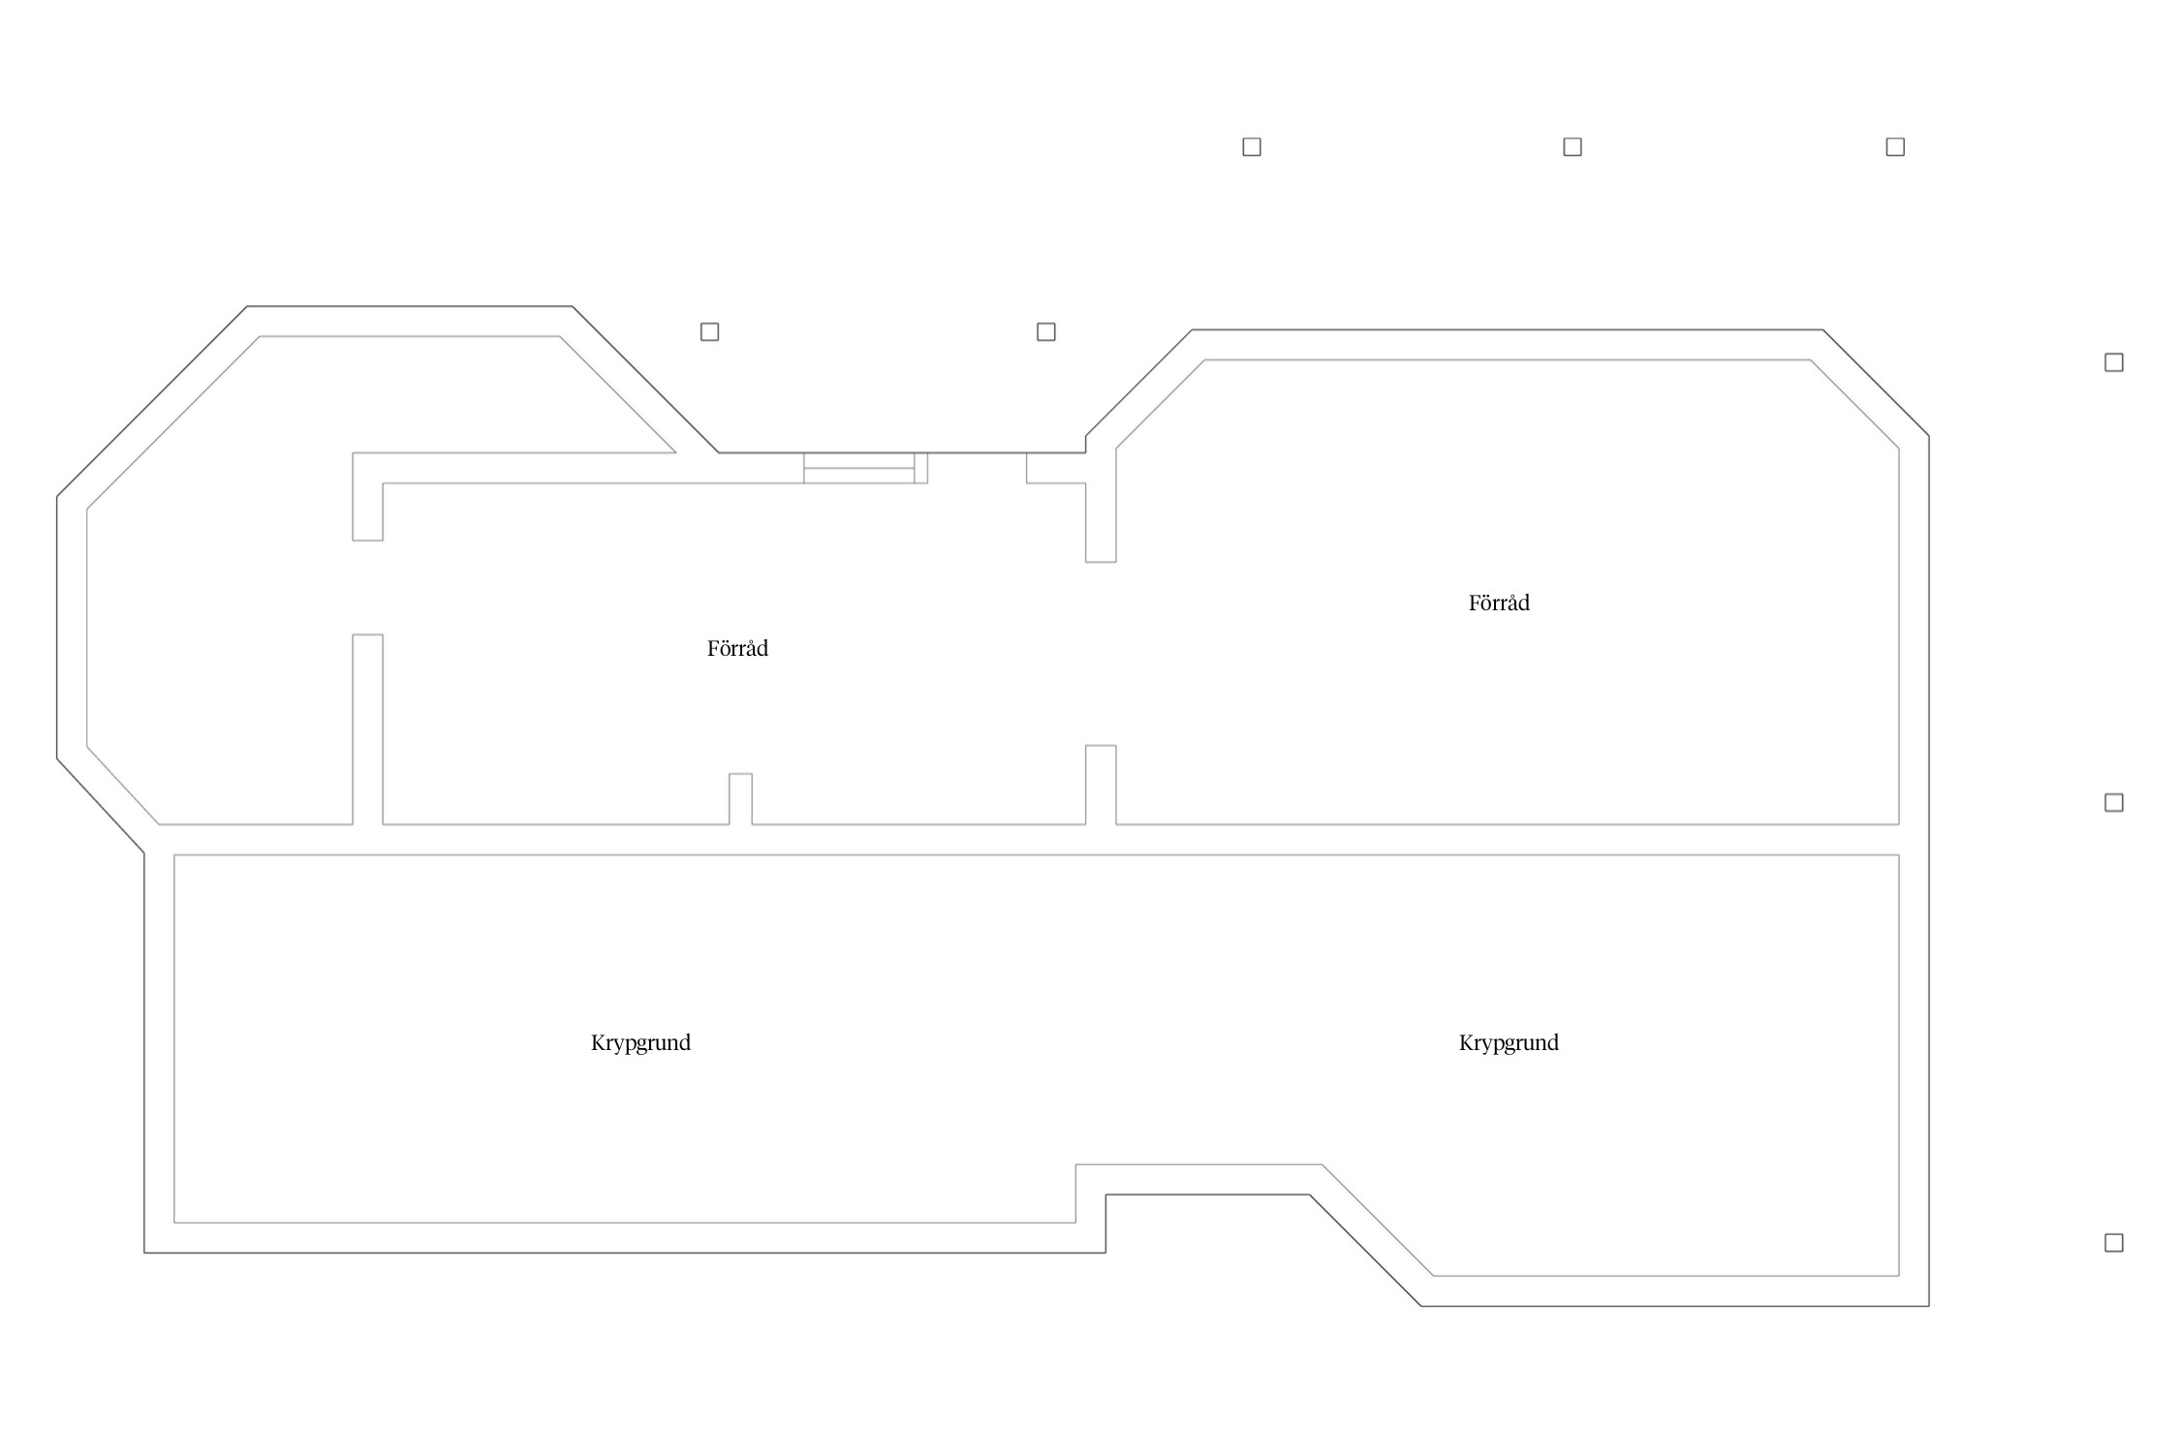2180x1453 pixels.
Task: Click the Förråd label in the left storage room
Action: pyautogui.click(x=737, y=648)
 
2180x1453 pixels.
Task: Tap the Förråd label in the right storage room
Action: pyautogui.click(x=1498, y=603)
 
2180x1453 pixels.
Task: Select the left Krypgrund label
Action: pyautogui.click(x=640, y=1042)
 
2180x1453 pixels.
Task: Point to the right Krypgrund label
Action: pyautogui.click(x=1509, y=1042)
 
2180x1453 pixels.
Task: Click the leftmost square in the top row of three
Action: pyautogui.click(x=1251, y=147)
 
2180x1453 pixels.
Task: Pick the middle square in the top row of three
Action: pyautogui.click(x=1573, y=147)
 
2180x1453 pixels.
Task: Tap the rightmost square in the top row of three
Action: pyautogui.click(x=1895, y=147)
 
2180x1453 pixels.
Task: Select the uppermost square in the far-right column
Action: pyautogui.click(x=2114, y=362)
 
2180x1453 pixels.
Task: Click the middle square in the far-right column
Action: pyautogui.click(x=2114, y=802)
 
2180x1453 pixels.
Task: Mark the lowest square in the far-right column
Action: pyautogui.click(x=2114, y=1243)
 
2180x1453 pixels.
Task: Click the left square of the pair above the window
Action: pyautogui.click(x=709, y=332)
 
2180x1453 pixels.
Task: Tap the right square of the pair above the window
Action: pyautogui.click(x=1045, y=332)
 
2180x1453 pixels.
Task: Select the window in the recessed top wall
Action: pyautogui.click(x=858, y=468)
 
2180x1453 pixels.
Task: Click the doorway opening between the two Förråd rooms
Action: pyautogui.click(x=1101, y=654)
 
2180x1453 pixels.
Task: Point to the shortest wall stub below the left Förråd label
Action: pyautogui.click(x=740, y=799)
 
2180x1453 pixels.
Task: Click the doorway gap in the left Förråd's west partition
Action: pyautogui.click(x=367, y=587)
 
